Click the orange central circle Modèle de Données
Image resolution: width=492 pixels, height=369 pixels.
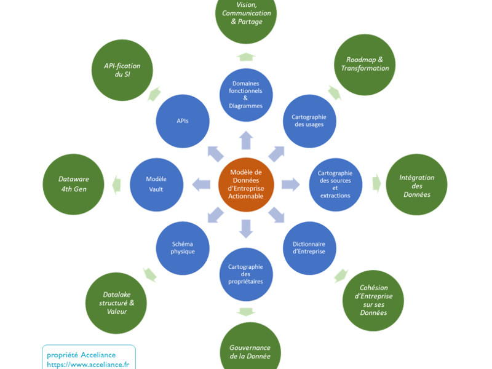coord(246,184)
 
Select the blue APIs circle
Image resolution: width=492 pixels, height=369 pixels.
coord(183,121)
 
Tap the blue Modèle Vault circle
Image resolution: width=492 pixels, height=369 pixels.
coord(157,184)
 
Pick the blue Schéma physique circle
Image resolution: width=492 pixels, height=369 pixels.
coord(183,248)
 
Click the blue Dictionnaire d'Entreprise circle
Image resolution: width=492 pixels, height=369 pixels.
coord(309,248)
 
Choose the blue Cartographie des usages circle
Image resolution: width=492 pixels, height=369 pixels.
coord(309,121)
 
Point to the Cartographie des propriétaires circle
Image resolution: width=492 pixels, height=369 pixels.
coord(246,274)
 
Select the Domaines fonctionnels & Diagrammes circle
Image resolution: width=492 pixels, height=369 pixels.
coord(246,95)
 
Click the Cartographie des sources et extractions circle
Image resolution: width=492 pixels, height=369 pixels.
coord(335,184)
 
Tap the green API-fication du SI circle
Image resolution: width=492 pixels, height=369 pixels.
coord(122,70)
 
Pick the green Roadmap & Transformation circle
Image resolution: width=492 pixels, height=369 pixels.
coord(365,65)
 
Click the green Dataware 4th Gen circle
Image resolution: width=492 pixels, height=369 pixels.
coord(73,184)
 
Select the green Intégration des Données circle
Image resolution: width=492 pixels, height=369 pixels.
coord(417,184)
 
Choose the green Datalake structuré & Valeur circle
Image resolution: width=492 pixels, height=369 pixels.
coord(116,303)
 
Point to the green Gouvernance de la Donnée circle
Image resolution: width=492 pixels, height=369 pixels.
coord(250,348)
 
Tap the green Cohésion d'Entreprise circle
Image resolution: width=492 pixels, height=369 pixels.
coord(373,301)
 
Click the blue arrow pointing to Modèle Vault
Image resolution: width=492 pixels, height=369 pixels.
coord(201,184)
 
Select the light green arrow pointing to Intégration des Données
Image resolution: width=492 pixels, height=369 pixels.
coord(377,183)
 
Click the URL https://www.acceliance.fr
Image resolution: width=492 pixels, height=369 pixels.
coord(88,365)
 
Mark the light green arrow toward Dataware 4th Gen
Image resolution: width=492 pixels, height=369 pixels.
coord(116,184)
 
